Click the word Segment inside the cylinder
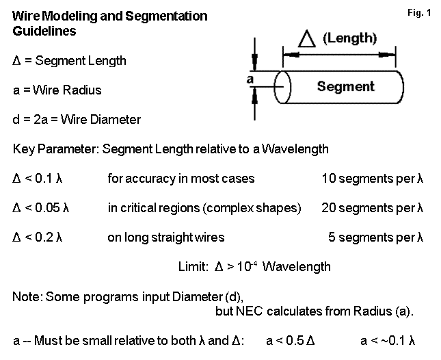coord(346,87)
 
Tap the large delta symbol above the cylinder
coord(307,40)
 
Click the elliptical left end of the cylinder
coord(283,87)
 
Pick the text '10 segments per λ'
coord(373,179)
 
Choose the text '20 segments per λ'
coord(373,208)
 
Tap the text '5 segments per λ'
coord(377,237)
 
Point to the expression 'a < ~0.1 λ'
coord(388,340)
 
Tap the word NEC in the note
coord(245,311)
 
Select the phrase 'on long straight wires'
coord(166,237)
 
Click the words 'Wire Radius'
coord(79,90)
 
